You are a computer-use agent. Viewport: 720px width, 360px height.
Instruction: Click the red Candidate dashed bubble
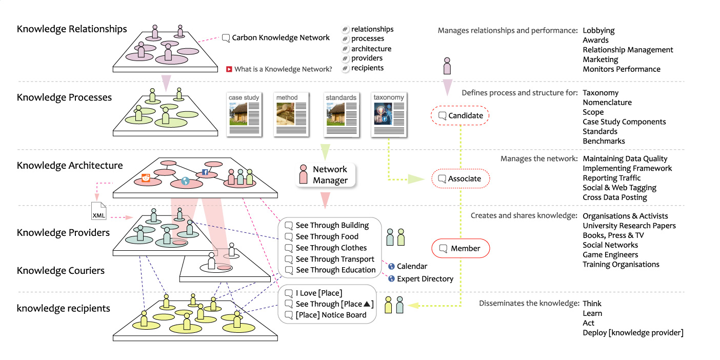click(x=460, y=116)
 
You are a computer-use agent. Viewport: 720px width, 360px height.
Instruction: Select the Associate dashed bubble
click(x=461, y=179)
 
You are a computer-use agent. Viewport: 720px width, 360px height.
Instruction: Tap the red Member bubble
click(x=461, y=249)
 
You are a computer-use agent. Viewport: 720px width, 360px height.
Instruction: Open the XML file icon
click(x=99, y=211)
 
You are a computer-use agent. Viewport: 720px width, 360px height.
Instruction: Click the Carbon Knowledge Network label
click(x=281, y=37)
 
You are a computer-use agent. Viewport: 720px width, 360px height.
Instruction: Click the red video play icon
click(x=229, y=69)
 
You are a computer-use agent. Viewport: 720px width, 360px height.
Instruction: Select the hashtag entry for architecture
click(x=371, y=49)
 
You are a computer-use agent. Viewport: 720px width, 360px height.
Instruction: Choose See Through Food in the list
click(x=327, y=236)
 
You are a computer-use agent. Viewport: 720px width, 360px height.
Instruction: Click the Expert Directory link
click(x=425, y=279)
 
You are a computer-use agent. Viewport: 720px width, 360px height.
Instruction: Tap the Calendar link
click(x=411, y=266)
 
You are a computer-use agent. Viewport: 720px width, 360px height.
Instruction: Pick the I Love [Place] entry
click(x=318, y=293)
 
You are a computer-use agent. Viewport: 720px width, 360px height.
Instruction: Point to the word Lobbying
click(x=598, y=31)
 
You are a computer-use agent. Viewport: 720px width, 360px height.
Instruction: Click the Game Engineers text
click(x=610, y=255)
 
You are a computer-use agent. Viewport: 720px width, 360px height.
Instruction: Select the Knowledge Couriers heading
click(x=61, y=271)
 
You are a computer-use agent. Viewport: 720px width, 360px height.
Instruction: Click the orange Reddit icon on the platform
click(x=146, y=178)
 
